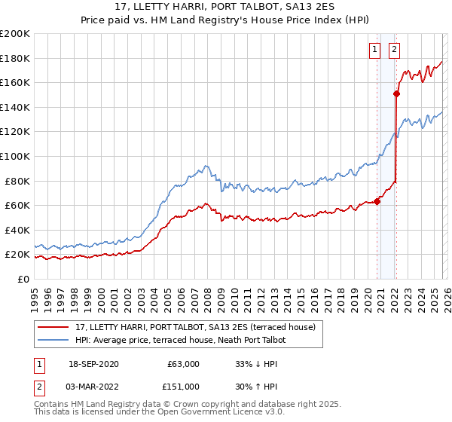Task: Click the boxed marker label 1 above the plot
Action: (375, 50)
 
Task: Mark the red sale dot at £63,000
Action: (377, 201)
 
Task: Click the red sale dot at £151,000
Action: (395, 93)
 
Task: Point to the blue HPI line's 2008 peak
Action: (206, 167)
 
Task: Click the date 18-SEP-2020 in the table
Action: (93, 364)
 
